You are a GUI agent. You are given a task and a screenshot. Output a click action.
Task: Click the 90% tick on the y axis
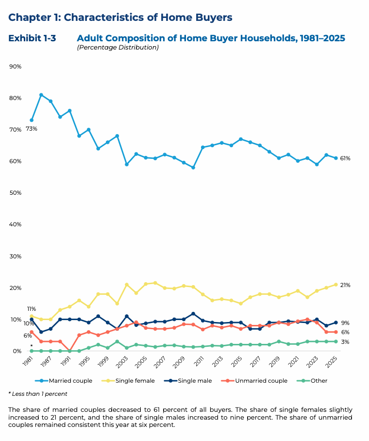click(15, 67)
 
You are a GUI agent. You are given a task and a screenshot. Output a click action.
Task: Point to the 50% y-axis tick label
click(15, 193)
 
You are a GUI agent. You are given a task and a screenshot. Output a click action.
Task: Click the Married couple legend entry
click(67, 381)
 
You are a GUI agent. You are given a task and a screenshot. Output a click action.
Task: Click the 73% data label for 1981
click(32, 129)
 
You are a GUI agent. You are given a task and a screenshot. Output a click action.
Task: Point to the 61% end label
click(345, 158)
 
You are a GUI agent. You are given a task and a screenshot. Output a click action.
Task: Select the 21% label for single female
click(345, 285)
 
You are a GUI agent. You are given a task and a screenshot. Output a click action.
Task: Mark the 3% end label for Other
click(344, 342)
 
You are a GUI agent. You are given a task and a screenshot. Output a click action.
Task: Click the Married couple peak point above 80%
click(41, 95)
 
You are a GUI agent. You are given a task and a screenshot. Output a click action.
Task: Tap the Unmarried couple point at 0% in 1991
click(69, 351)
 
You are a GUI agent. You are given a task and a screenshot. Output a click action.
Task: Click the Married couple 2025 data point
click(335, 158)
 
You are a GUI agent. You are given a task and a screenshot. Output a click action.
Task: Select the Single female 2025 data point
click(335, 285)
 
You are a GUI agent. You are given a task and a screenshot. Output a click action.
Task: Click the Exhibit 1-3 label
click(32, 38)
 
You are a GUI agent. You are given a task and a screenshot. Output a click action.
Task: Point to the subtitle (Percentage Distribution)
click(118, 48)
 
